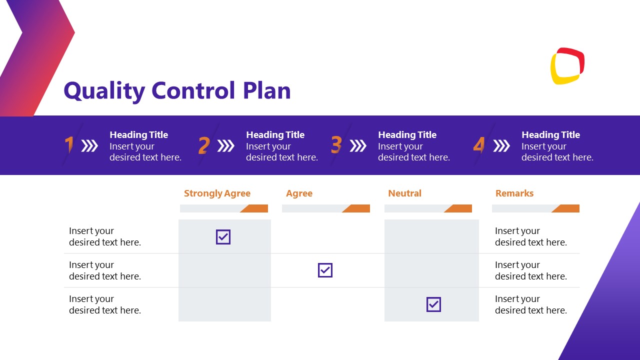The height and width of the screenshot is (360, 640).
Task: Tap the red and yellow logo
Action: pos(567,66)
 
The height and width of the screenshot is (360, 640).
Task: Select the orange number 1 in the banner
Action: pos(69,145)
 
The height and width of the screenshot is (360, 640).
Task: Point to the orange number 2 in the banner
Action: pos(203,145)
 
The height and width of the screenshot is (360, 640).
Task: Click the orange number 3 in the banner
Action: pos(336,145)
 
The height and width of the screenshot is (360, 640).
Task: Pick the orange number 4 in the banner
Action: pos(479,145)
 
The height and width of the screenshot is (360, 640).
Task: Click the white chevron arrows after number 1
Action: pos(89,146)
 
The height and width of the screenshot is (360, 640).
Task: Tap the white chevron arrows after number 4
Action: pos(501,146)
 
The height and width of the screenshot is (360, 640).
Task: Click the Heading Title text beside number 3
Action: pos(407,135)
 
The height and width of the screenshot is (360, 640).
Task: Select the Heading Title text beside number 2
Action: pos(275,135)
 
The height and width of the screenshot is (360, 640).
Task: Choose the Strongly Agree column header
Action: pos(217,193)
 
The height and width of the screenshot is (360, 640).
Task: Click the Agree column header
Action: pos(299,193)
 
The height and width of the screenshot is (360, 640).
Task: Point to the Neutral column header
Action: pos(404,193)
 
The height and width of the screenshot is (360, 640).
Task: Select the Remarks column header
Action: pos(514,193)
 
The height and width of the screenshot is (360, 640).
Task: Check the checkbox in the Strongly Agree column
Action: pos(223,237)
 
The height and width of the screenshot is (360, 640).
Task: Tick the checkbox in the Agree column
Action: pos(325,270)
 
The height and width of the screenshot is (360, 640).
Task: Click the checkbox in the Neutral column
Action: pos(433,304)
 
